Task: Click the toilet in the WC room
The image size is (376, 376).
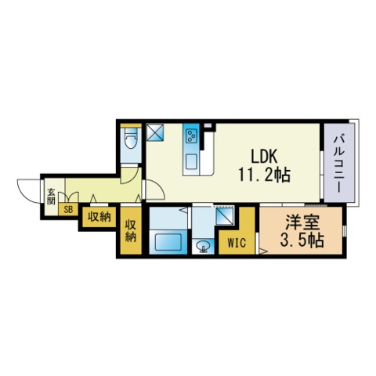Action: coord(131,143)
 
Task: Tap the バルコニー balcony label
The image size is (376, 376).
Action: coord(339,165)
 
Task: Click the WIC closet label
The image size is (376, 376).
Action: coord(237,243)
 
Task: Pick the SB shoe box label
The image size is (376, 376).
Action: coord(68,209)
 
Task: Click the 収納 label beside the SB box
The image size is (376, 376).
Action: coord(98,216)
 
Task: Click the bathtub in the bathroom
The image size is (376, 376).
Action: coord(168,241)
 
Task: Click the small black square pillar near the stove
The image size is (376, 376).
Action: coord(208,127)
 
